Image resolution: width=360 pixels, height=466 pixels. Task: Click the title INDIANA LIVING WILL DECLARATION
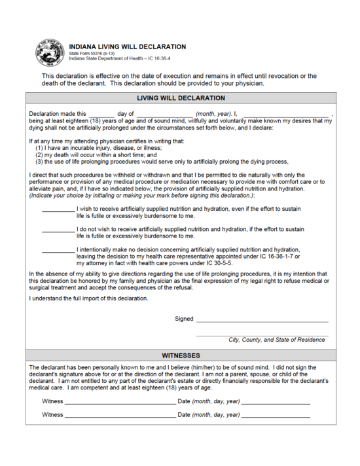click(x=127, y=46)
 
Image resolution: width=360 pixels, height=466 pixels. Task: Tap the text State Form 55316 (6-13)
click(x=92, y=54)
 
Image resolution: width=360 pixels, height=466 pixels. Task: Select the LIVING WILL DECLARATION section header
click(x=180, y=98)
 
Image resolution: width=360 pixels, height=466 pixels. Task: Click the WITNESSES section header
click(x=180, y=355)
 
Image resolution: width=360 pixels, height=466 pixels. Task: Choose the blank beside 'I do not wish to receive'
click(x=58, y=230)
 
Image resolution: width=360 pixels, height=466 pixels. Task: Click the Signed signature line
click(x=262, y=321)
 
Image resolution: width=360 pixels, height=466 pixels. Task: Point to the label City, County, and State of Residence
click(x=276, y=340)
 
